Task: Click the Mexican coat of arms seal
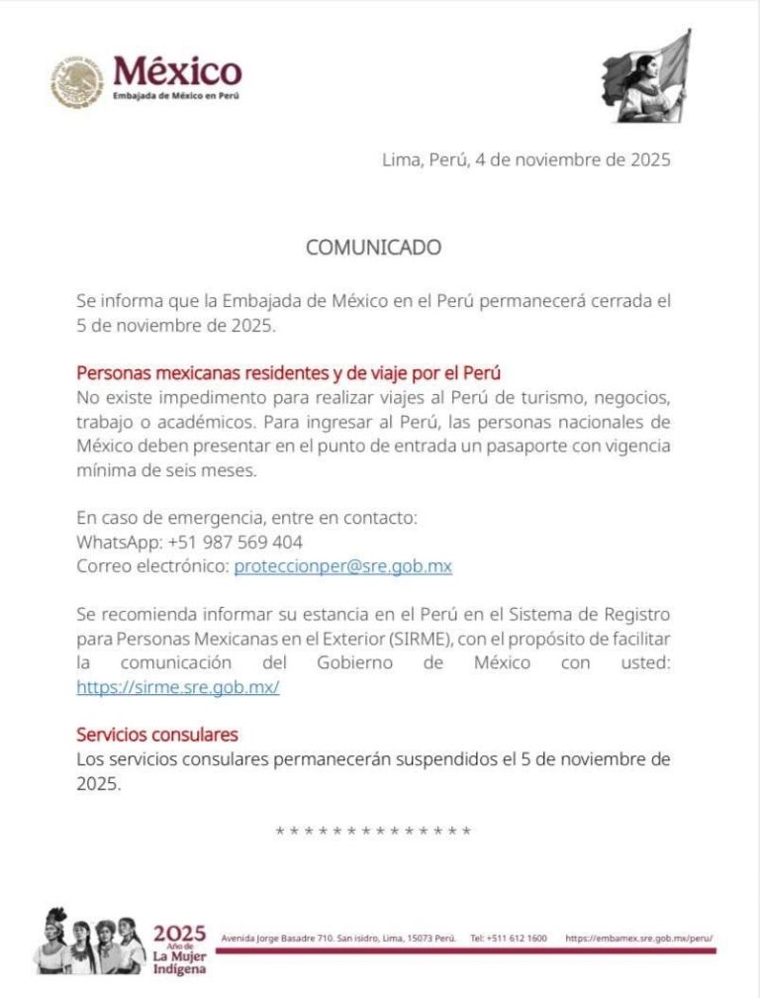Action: pyautogui.click(x=77, y=81)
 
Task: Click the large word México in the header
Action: pyautogui.click(x=177, y=71)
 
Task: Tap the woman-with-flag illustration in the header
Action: pyautogui.click(x=646, y=77)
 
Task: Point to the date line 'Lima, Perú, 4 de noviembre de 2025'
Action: pyautogui.click(x=525, y=159)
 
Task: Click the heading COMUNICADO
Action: pyautogui.click(x=373, y=248)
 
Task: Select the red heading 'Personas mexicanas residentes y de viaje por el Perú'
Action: pyautogui.click(x=289, y=373)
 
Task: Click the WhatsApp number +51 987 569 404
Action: pyautogui.click(x=236, y=543)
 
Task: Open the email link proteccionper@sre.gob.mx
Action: pyautogui.click(x=342, y=566)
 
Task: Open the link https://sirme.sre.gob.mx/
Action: pyautogui.click(x=178, y=686)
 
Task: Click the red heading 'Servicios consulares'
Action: pyautogui.click(x=157, y=735)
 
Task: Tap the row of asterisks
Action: pyautogui.click(x=373, y=832)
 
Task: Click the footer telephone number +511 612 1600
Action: pyautogui.click(x=509, y=938)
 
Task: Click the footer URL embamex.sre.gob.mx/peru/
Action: pyautogui.click(x=639, y=938)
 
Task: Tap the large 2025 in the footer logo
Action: pyautogui.click(x=179, y=933)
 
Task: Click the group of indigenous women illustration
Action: pyautogui.click(x=90, y=943)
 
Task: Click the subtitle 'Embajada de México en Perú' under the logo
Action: pyautogui.click(x=176, y=96)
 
